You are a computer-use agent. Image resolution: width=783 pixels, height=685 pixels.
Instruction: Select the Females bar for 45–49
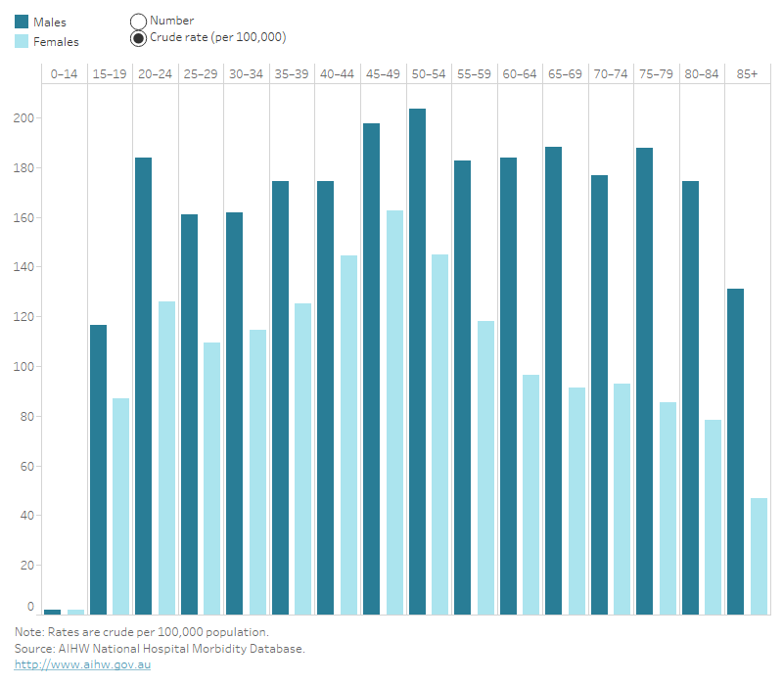pos(394,412)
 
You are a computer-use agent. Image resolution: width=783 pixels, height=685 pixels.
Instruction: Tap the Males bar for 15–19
pos(98,470)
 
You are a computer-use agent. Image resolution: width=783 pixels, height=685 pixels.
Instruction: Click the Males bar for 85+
pos(736,451)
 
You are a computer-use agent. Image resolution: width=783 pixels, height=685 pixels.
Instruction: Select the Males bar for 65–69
pos(554,381)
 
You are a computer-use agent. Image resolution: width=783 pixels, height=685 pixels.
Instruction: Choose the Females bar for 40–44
pos(348,434)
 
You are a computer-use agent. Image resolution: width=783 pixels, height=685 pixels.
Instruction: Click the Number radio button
pos(138,21)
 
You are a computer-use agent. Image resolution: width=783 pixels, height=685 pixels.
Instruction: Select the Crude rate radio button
pos(138,38)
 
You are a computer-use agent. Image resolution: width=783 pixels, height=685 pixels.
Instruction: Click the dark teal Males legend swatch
pos(22,22)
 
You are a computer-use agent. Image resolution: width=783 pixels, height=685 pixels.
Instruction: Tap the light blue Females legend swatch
pos(22,41)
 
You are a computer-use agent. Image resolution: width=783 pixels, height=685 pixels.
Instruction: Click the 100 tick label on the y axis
pos(23,367)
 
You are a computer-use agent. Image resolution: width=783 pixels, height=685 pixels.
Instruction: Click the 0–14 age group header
pos(65,73)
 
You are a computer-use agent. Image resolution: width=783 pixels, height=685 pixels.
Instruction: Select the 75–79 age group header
pos(657,73)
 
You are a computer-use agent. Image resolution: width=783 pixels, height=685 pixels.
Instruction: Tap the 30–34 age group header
pos(247,73)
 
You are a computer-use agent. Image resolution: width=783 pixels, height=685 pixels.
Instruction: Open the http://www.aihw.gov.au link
pos(82,664)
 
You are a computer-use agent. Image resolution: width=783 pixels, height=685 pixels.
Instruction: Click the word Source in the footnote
pos(33,648)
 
